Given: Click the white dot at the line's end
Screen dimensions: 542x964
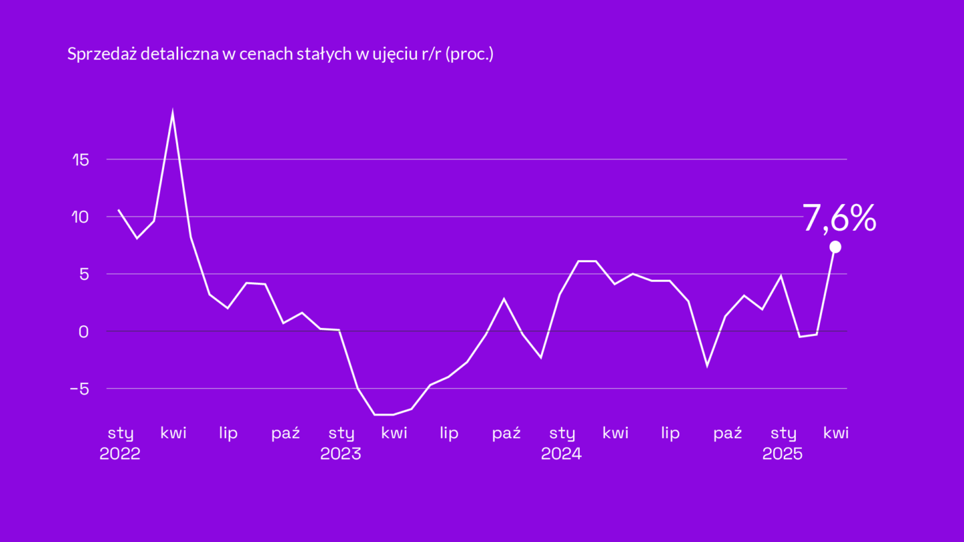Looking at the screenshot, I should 835,247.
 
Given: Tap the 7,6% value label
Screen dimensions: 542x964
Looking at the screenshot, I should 839,219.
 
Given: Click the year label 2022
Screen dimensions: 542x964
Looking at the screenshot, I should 120,454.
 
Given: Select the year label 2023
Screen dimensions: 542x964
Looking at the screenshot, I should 341,454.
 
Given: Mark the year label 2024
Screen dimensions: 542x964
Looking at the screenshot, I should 562,454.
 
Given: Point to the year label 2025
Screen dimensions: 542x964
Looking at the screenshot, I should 783,454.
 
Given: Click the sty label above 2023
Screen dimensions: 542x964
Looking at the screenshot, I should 341,434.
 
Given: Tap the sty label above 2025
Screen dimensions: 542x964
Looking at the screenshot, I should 783,434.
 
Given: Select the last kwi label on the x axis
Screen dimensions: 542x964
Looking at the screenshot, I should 836,433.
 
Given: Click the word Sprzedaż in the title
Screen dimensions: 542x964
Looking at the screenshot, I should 102,55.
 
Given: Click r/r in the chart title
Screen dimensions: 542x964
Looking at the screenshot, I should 430,55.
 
